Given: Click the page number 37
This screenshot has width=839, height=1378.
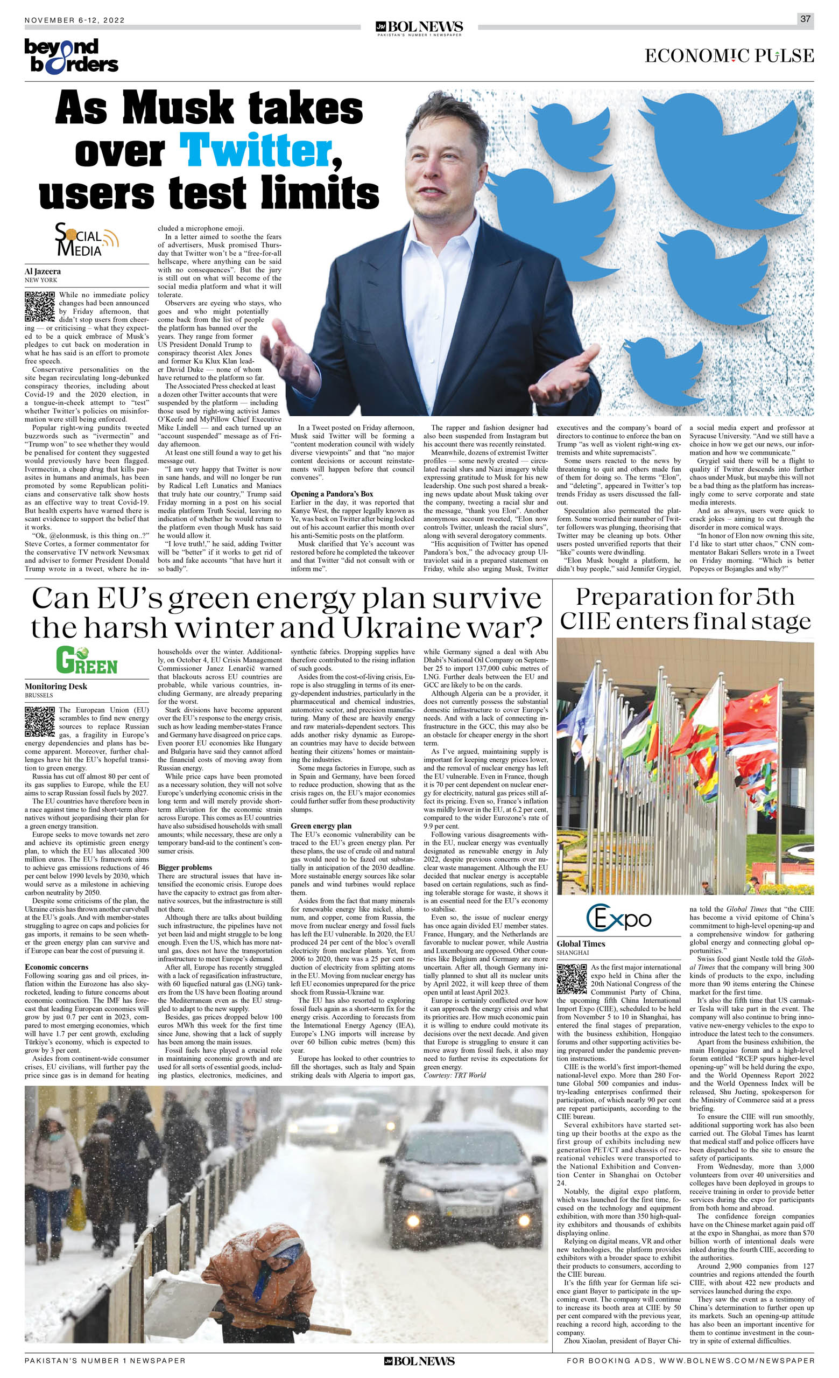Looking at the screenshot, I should [x=805, y=19].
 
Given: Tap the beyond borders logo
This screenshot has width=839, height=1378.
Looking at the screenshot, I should [x=71, y=56].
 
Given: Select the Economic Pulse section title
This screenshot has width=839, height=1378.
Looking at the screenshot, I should [x=729, y=56].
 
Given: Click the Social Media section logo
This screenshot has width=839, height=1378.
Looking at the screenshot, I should [x=86, y=240].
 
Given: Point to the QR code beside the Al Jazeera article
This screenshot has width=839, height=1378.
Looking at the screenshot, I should [x=40, y=306].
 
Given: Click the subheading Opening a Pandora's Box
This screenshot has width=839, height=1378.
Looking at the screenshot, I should [x=332, y=494].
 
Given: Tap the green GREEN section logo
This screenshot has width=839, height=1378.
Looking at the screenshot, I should [x=86, y=661].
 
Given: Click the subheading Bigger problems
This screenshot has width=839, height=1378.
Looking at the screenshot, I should [x=185, y=868].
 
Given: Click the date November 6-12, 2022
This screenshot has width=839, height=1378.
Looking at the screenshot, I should [x=75, y=20].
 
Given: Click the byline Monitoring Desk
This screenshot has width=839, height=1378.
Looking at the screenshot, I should [x=56, y=686].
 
